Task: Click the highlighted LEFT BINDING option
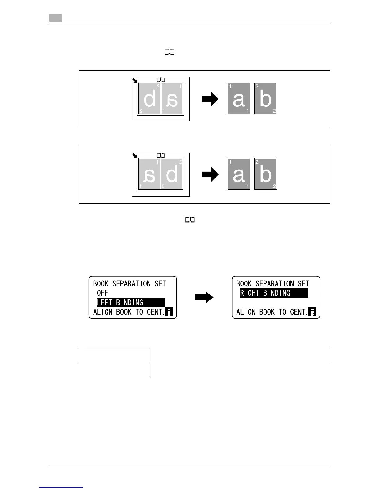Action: click(131, 303)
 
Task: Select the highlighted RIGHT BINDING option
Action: click(274, 293)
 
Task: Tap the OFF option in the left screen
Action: click(102, 293)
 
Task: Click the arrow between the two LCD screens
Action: click(204, 298)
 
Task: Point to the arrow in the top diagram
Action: click(210, 99)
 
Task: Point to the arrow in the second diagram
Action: click(210, 175)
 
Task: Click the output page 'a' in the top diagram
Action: click(239, 99)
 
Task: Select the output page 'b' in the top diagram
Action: click(266, 99)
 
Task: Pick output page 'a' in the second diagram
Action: click(239, 174)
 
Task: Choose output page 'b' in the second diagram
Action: click(266, 174)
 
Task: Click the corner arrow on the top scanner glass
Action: click(135, 80)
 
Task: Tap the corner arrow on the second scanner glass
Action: click(135, 156)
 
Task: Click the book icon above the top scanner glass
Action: click(161, 80)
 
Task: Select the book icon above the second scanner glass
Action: click(161, 155)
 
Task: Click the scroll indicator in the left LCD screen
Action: click(169, 312)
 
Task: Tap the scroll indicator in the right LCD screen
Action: click(312, 312)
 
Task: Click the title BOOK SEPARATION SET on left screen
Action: click(129, 284)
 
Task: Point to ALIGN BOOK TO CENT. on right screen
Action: click(272, 312)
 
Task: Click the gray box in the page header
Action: click(55, 18)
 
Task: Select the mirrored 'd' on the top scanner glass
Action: click(150, 99)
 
